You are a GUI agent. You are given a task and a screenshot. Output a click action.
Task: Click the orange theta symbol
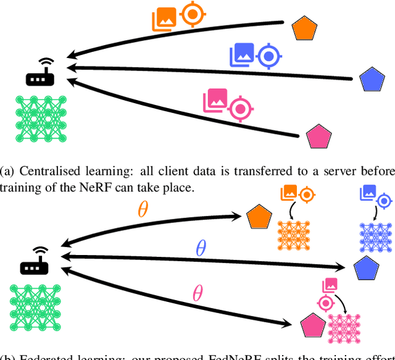[x=143, y=210]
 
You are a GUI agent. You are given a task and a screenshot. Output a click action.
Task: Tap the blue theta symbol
[x=200, y=249]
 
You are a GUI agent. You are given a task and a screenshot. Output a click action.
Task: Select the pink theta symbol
[x=197, y=293]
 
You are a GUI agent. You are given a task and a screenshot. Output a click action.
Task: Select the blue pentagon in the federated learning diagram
[x=366, y=269]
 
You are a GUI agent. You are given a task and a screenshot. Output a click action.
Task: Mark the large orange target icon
[x=193, y=15]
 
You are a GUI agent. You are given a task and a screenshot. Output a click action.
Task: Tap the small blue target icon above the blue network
[x=384, y=201]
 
